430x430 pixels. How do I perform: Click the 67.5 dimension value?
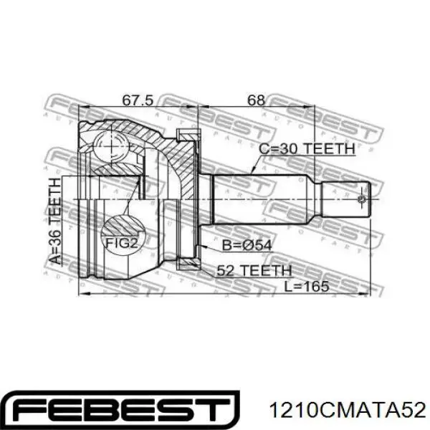click(x=137, y=100)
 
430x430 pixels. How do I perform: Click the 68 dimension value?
click(x=256, y=100)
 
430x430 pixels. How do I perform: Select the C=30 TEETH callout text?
click(x=307, y=149)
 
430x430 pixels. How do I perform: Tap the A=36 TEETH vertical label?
click(x=55, y=221)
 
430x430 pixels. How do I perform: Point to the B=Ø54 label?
click(x=247, y=245)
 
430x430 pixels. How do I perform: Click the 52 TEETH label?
click(x=254, y=271)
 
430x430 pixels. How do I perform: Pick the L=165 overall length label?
click(x=306, y=287)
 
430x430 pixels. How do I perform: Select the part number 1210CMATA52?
click(x=348, y=410)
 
